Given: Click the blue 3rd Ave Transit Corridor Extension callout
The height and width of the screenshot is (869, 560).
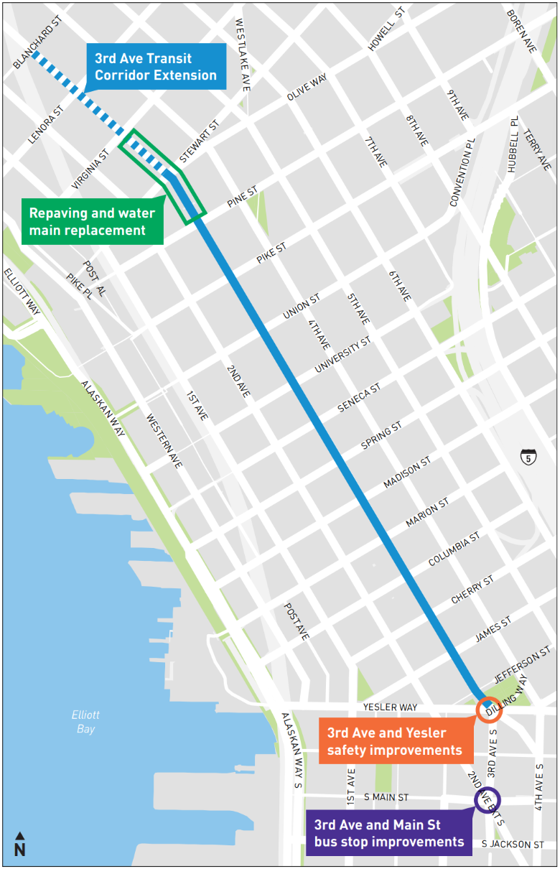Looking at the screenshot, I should [155, 67].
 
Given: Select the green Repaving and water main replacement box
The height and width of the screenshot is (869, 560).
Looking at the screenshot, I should [92, 222].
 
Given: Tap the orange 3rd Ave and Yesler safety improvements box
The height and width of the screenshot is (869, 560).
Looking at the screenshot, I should [395, 742].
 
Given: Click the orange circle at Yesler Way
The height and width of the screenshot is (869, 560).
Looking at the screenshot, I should [489, 710].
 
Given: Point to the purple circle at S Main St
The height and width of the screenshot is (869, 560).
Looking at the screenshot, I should [487, 799].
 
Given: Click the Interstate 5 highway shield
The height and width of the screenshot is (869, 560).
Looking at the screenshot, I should [528, 456].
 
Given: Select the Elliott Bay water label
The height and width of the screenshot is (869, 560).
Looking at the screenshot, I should [85, 722].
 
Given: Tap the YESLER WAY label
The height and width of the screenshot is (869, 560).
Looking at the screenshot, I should [390, 707].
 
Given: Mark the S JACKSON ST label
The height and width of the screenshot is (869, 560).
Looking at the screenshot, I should [513, 845].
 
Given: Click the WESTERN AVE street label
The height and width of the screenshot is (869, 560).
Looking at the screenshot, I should [164, 441].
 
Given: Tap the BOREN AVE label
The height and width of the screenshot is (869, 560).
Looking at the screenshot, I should [521, 31].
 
